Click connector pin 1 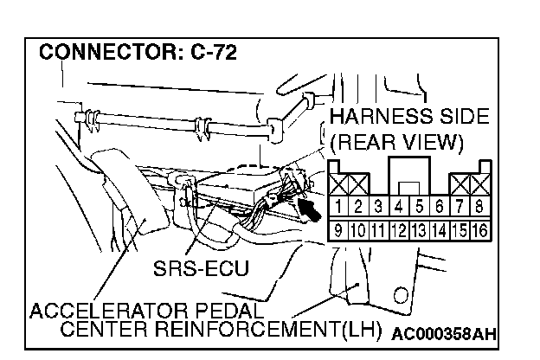pos(336,208)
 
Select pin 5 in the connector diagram pos(419,208)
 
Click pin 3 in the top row pos(378,208)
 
